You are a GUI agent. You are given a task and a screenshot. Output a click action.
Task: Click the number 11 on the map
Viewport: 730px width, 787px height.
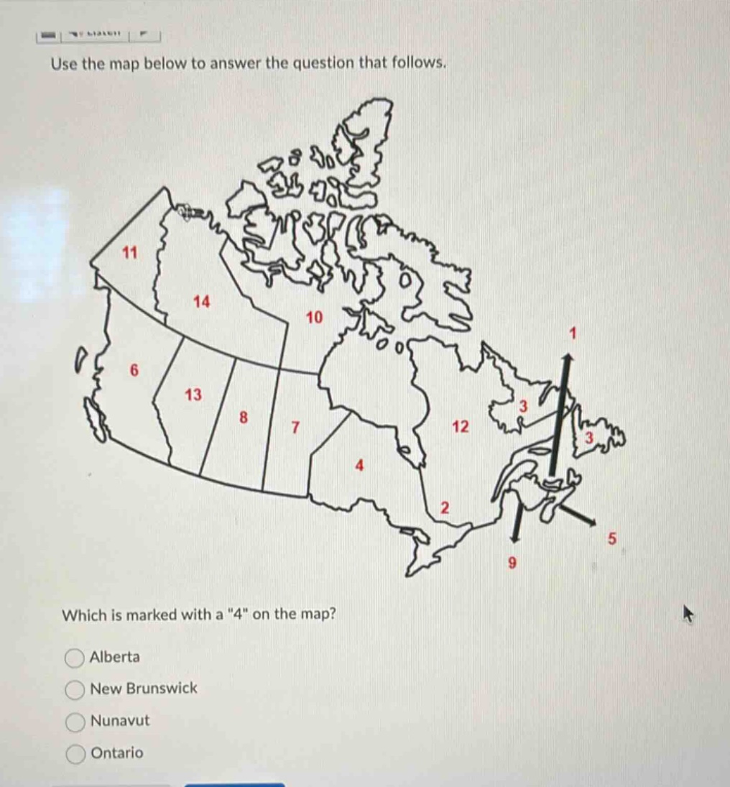(130, 252)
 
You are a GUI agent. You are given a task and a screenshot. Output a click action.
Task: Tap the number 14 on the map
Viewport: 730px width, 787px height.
(202, 302)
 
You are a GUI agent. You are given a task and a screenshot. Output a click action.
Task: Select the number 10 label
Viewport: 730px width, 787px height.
(315, 317)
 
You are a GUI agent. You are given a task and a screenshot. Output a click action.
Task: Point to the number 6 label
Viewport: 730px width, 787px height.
(133, 370)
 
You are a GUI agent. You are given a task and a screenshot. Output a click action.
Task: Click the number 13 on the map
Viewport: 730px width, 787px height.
(193, 395)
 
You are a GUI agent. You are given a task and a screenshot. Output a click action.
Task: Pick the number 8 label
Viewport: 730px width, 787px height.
(244, 416)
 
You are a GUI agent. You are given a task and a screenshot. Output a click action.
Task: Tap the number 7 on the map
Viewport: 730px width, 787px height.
(294, 428)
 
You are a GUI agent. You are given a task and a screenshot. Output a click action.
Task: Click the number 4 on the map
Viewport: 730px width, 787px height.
(360, 465)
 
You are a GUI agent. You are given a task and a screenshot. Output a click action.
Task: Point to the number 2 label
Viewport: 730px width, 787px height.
(444, 508)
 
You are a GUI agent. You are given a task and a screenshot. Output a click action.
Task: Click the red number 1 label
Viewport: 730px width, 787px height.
(573, 333)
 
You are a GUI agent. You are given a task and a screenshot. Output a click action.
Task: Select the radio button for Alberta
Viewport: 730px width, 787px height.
(75, 658)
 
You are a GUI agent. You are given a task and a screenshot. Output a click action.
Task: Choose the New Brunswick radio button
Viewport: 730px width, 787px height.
(75, 689)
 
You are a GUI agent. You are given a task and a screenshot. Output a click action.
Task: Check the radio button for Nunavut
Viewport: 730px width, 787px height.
(75, 721)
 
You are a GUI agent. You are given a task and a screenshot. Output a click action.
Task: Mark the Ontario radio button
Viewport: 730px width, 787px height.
(75, 753)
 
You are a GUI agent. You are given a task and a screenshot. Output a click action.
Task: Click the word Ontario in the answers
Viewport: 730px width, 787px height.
(117, 753)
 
